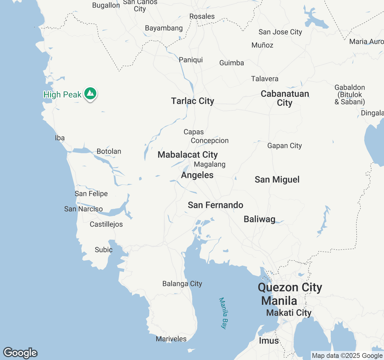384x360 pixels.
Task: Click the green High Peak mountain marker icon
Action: click(x=90, y=94)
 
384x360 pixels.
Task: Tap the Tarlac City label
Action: click(x=193, y=101)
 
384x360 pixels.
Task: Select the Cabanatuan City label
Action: click(x=285, y=98)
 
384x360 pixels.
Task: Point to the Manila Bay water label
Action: click(x=223, y=313)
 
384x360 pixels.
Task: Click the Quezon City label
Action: click(x=290, y=287)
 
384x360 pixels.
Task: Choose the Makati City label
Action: click(x=289, y=313)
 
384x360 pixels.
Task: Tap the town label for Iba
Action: click(x=60, y=138)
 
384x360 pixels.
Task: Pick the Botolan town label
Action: click(x=109, y=151)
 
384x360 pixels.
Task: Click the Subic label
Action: click(x=103, y=250)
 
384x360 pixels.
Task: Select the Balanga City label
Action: click(x=182, y=283)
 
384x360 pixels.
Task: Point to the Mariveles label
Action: click(x=171, y=339)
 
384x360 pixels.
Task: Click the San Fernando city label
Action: click(x=215, y=205)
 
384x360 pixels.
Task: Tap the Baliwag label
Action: click(x=259, y=219)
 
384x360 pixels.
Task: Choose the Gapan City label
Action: click(x=284, y=146)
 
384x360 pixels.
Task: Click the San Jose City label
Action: click(x=280, y=32)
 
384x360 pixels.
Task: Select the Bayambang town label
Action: click(x=164, y=28)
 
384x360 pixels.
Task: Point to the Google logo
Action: click(x=20, y=353)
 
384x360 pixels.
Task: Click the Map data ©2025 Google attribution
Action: click(x=347, y=356)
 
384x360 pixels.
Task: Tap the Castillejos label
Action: click(x=106, y=224)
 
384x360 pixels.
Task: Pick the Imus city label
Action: click(x=269, y=341)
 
